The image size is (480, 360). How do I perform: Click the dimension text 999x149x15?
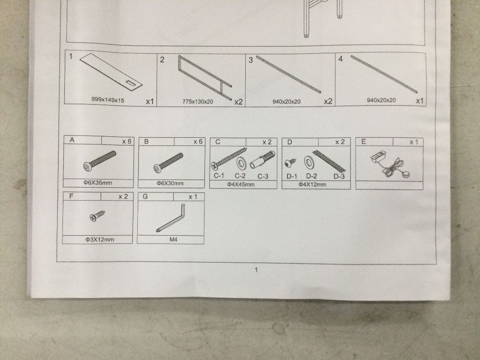(x=108, y=99)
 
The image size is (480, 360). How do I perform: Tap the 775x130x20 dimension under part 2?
(x=198, y=101)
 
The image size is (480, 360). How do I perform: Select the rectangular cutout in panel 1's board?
(x=131, y=83)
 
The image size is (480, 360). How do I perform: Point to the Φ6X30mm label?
(x=170, y=183)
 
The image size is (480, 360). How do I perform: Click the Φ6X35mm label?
(x=98, y=183)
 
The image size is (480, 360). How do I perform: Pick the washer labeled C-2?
(x=241, y=163)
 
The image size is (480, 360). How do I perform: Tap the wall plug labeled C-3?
(x=263, y=160)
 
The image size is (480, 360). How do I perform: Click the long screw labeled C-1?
(x=228, y=158)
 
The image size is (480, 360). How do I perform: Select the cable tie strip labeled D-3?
(x=329, y=161)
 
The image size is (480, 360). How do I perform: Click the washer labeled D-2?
(x=309, y=163)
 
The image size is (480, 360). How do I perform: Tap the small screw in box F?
(x=97, y=216)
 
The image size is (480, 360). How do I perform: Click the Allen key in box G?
(x=171, y=218)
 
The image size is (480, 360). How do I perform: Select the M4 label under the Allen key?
(x=173, y=240)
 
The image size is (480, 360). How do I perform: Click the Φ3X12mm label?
(x=100, y=240)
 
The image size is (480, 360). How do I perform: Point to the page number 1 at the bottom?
(x=256, y=270)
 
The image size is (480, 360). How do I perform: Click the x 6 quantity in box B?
(x=198, y=142)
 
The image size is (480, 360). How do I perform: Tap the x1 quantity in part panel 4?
(x=420, y=101)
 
